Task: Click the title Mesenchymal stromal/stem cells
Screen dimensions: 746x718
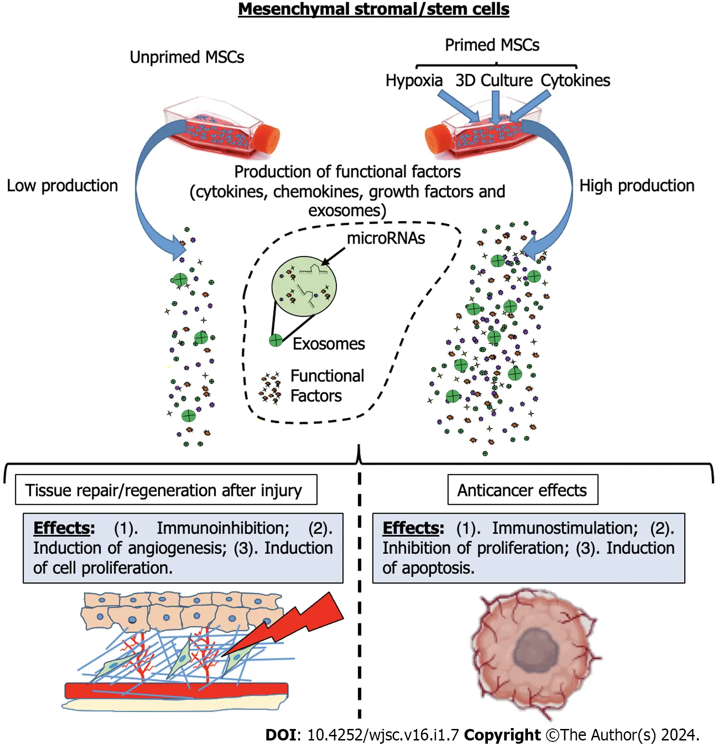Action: [373, 9]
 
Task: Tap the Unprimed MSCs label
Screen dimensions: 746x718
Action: [186, 57]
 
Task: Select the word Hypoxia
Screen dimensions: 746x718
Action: [414, 81]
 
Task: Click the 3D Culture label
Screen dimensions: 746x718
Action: [494, 81]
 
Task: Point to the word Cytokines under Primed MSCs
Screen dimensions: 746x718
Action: [575, 81]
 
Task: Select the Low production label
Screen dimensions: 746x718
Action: [62, 186]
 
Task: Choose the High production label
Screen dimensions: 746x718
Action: [637, 186]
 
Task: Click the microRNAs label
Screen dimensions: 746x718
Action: [386, 238]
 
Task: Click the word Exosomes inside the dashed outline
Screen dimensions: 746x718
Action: [329, 344]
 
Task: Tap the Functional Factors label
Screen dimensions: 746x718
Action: [327, 386]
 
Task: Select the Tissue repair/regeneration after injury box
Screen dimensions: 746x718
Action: [166, 490]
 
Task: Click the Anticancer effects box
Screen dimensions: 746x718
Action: [522, 490]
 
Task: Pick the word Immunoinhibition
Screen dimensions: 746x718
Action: [223, 528]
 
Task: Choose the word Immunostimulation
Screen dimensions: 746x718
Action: [565, 528]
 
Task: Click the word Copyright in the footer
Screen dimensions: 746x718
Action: [502, 734]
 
